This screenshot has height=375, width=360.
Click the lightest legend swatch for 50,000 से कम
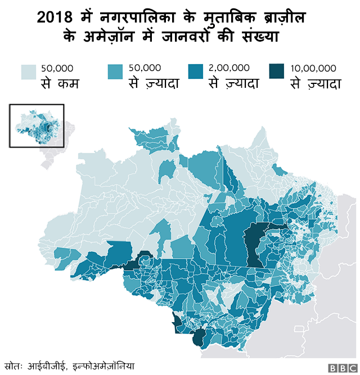point(29,72)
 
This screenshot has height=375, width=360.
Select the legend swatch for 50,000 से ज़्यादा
point(115,72)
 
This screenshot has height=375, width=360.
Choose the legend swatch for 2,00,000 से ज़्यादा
point(196,72)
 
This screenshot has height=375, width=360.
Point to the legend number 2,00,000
point(229,68)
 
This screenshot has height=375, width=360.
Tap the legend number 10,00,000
point(313,68)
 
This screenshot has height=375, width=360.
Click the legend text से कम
point(59,84)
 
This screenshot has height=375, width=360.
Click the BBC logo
point(339,368)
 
